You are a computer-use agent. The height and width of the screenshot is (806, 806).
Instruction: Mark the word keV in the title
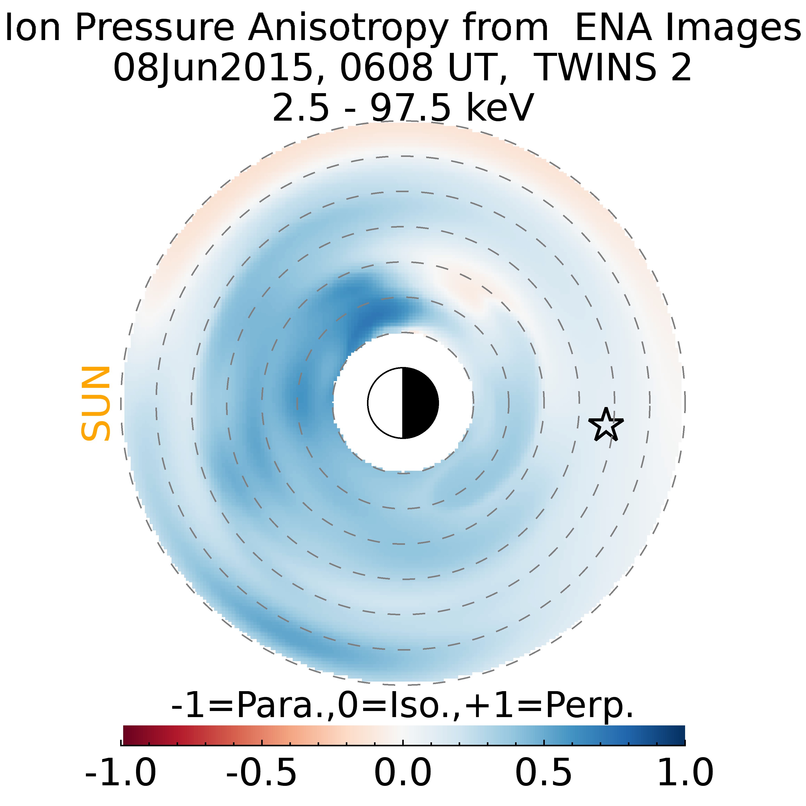[499, 108]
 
